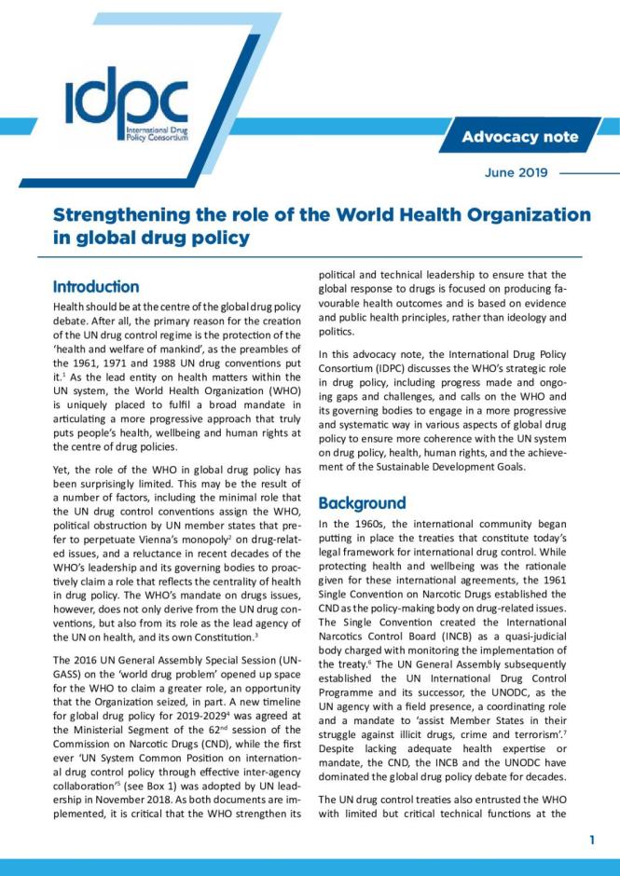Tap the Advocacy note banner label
[x=520, y=137]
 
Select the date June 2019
[x=516, y=172]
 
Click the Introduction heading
[x=96, y=286]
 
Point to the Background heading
[x=362, y=502]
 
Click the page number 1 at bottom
[x=591, y=841]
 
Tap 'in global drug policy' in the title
[x=151, y=238]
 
